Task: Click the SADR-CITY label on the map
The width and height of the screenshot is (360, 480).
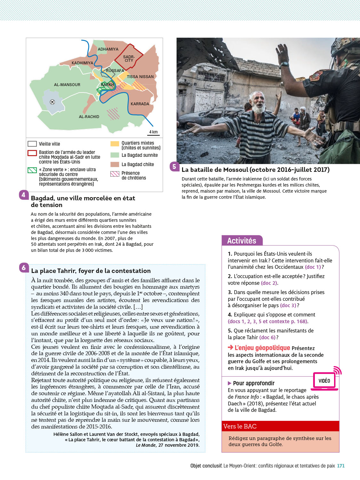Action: coord(129,59)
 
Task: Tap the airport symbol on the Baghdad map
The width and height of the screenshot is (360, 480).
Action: coord(52,102)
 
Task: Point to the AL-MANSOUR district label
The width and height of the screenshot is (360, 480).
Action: coord(67,85)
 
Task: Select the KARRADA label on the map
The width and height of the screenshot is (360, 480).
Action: coord(140,104)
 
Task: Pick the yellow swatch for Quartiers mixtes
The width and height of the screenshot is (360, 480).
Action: coord(115,144)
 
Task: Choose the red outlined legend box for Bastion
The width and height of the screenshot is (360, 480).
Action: coord(32,153)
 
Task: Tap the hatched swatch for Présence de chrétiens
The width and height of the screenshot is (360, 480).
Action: coord(115,174)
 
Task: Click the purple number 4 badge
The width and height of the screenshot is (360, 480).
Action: coord(23,195)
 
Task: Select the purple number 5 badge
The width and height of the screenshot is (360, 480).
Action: coord(174,166)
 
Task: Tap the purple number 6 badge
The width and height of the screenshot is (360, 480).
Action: coord(24,268)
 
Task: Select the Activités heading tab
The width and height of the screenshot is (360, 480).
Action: coord(242,241)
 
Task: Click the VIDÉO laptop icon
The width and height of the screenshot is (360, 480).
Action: coord(324,381)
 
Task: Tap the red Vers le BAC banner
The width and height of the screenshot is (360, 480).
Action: coord(280,426)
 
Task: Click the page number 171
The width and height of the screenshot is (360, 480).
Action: coord(341,466)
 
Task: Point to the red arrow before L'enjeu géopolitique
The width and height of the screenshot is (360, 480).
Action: coord(230,348)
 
